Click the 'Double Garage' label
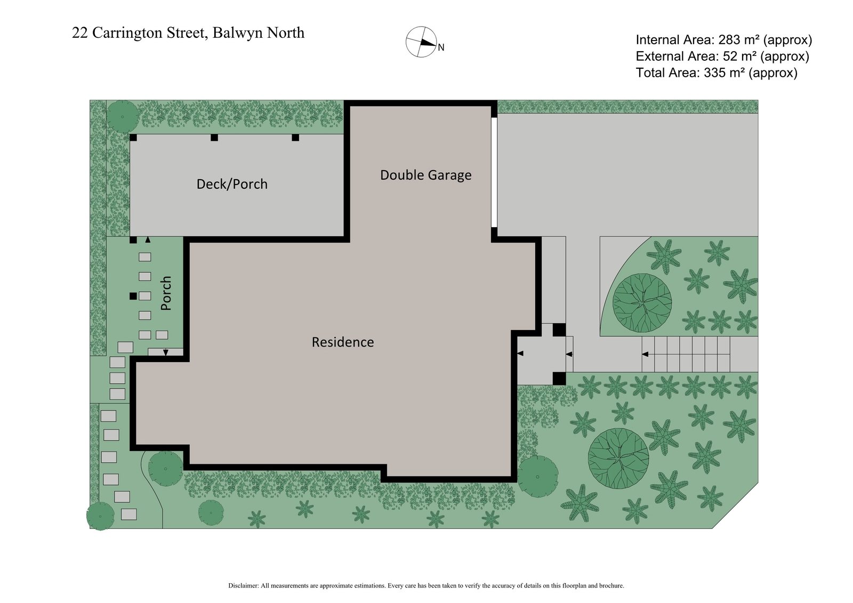[x=425, y=175]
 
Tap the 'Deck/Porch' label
[x=232, y=184]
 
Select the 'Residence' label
[x=343, y=342]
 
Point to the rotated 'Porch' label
[x=166, y=293]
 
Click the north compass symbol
[x=421, y=42]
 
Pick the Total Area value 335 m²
[x=723, y=73]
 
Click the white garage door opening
[x=494, y=172]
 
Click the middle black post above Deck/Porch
[x=214, y=138]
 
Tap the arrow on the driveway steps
[x=645, y=355]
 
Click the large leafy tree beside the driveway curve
[x=642, y=303]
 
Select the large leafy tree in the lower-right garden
[x=618, y=458]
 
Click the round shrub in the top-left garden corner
[x=123, y=116]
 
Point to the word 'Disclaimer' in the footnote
[x=243, y=585]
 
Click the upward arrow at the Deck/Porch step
[x=148, y=240]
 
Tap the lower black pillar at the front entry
[x=559, y=378]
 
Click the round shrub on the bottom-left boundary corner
[x=100, y=516]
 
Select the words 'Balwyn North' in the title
[x=259, y=33]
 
